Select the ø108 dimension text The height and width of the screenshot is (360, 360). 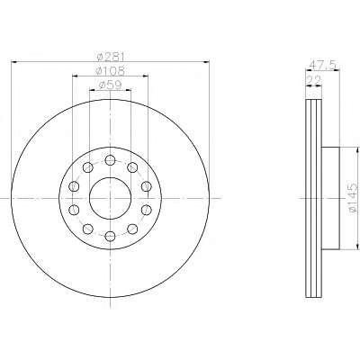click(x=110, y=71)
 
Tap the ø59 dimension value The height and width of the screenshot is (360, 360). click(x=110, y=85)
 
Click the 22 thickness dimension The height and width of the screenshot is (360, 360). click(x=313, y=80)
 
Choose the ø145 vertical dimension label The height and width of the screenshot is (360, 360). click(x=354, y=198)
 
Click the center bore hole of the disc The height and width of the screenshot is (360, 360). click(x=111, y=198)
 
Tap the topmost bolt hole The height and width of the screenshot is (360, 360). click(x=111, y=160)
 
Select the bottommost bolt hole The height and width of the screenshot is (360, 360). click(x=111, y=237)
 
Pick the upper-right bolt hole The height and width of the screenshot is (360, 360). click(x=132, y=167)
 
